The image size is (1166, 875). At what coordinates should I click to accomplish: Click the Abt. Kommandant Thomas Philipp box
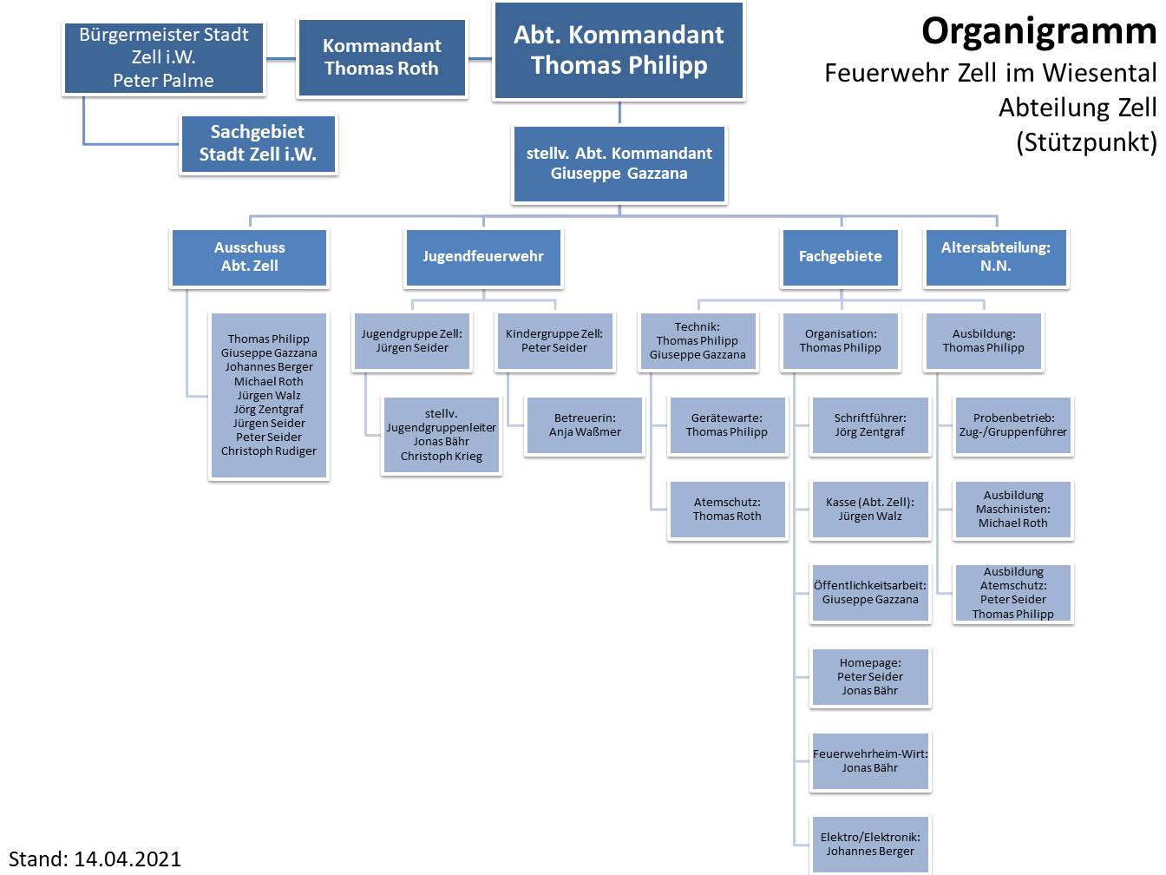pos(619,50)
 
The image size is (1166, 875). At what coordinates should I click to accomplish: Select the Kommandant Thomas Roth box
pos(382,57)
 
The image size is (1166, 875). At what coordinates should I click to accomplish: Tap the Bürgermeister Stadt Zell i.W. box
pos(164,57)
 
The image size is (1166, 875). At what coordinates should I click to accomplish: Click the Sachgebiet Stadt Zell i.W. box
pos(258,144)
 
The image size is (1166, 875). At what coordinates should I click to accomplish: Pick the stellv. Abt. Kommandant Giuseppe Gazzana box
pos(619,163)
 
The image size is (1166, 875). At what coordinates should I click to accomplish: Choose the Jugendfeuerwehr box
pos(483,257)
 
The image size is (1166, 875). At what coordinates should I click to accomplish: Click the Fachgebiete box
pos(840,257)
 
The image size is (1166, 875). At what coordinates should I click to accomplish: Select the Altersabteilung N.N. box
pos(995,257)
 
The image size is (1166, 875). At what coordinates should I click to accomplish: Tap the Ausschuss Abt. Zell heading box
pos(250,257)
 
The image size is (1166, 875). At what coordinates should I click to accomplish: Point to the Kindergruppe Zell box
pos(554,341)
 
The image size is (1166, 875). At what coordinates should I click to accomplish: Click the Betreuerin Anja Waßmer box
pos(585,425)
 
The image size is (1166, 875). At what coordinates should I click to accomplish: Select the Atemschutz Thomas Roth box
pos(727,510)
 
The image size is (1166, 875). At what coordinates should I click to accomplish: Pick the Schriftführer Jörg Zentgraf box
pos(870,425)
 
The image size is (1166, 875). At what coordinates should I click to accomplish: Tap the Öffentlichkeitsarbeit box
pos(870,593)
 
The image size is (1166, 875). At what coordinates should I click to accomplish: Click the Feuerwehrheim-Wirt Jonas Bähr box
pos(870,761)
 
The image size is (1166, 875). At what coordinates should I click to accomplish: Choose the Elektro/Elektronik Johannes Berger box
pos(870,845)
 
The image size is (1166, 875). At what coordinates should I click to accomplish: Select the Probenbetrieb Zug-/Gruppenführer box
pos(1013,425)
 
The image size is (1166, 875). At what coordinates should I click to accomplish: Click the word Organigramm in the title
pos(1038,31)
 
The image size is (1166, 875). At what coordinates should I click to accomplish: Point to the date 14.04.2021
pos(128,859)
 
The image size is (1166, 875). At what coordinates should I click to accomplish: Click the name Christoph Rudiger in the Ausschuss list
pos(269,451)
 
